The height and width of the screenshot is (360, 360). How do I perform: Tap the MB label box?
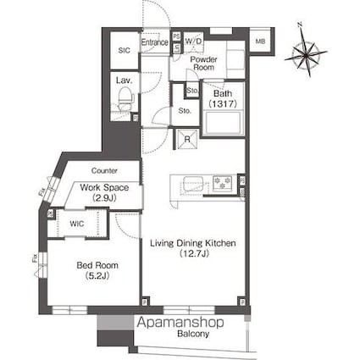coord(261,41)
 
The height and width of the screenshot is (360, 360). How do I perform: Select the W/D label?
coord(194,41)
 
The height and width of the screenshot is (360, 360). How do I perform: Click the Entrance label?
coord(155,41)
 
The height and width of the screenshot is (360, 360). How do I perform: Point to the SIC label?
coord(124,51)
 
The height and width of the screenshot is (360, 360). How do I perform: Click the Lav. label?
coord(124,81)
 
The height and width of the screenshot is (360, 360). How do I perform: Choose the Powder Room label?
coord(203,63)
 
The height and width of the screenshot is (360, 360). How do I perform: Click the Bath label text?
coord(223,93)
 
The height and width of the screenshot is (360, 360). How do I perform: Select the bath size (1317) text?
coord(223,103)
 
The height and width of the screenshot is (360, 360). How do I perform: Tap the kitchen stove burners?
coord(223,183)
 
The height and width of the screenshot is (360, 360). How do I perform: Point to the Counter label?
coord(104,170)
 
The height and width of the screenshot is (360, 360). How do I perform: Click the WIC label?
coord(77,224)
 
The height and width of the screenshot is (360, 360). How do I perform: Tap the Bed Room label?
coord(97,265)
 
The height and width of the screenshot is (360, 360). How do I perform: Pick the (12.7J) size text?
coord(194,253)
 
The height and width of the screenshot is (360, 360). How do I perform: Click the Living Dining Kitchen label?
coord(193,243)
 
